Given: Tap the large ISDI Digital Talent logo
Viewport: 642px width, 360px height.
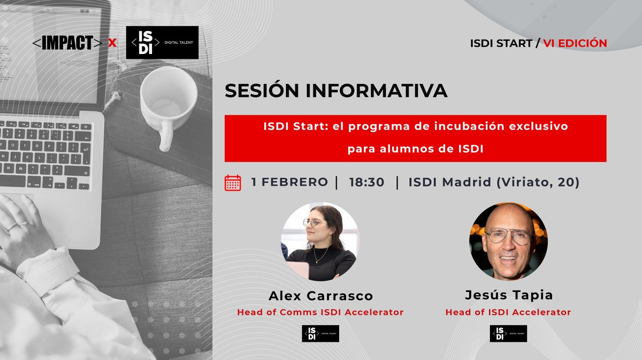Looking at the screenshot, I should click(162, 43).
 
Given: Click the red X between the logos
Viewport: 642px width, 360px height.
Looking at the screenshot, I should click(112, 43).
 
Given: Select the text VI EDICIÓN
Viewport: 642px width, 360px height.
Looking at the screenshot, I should click(575, 43).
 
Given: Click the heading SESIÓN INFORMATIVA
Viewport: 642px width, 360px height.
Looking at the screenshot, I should click(336, 90).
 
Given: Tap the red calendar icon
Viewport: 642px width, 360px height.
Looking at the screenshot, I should click(233, 182).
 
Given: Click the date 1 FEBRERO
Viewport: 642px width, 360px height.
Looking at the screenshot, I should click(289, 182).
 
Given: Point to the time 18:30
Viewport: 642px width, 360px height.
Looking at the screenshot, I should click(366, 182).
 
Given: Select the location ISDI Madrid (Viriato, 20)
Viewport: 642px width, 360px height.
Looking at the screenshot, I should click(494, 182).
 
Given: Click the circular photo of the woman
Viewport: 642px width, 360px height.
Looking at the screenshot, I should click(320, 241).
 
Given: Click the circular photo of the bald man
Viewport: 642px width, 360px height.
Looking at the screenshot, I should click(508, 241).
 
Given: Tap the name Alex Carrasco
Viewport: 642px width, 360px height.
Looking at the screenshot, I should click(320, 296).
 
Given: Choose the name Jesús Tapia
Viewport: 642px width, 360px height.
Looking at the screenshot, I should click(508, 296).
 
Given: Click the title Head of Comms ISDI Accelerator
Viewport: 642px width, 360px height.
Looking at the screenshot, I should click(320, 312).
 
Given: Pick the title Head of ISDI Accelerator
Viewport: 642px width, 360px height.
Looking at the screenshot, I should click(508, 312).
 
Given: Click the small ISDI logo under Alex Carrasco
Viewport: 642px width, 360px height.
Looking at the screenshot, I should click(320, 333).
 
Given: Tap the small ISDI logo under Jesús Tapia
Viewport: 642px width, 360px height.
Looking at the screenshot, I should click(508, 333).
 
